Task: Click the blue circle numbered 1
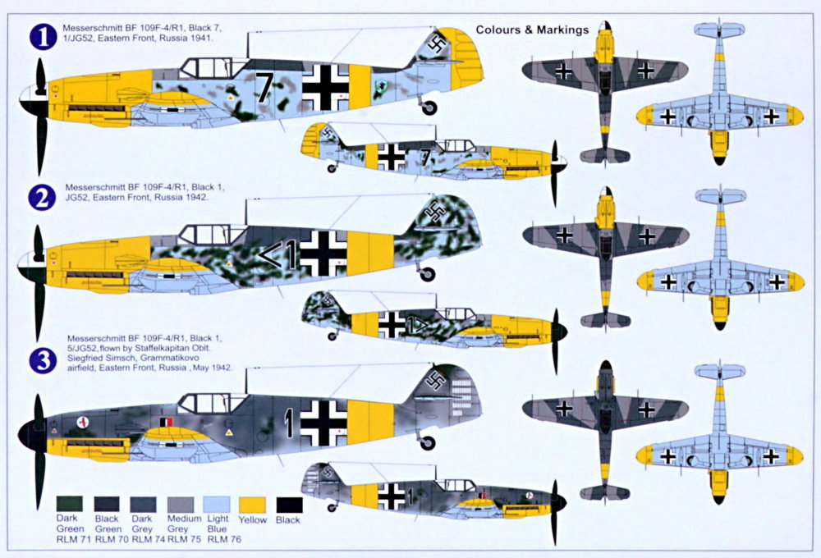pos(41,38)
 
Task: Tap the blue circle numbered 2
pos(41,198)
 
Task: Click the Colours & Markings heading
pos(532,30)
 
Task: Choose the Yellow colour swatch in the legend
pos(252,504)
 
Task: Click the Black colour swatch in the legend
pos(289,504)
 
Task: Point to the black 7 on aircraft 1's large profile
pos(263,86)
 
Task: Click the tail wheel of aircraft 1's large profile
pos(429,107)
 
